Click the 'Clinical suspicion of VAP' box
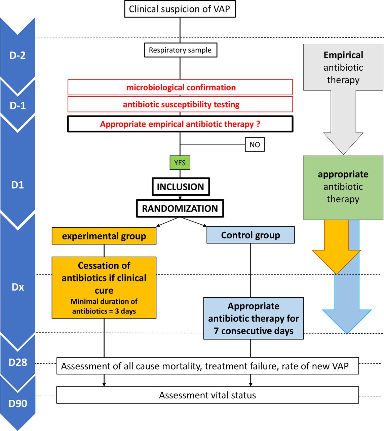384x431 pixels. (180, 9)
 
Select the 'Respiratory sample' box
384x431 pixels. (180, 50)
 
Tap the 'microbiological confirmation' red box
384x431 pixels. (180, 88)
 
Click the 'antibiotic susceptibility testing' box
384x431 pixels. (180, 104)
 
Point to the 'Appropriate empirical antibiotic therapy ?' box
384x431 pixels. (180, 124)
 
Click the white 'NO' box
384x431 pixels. (255, 144)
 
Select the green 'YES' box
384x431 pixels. (180, 163)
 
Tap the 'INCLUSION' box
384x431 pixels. (181, 187)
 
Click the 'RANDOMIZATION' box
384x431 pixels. (180, 208)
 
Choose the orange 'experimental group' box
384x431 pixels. (104, 236)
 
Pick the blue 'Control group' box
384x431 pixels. (251, 235)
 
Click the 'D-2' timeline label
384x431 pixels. (17, 55)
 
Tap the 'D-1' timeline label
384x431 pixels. (17, 105)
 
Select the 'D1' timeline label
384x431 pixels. (17, 185)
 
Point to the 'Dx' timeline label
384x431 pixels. (17, 287)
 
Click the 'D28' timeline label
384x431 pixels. (17, 362)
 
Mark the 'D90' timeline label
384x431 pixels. (17, 403)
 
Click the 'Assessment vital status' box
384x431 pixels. (207, 395)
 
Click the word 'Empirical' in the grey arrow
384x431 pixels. (343, 55)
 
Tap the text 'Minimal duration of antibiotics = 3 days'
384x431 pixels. (104, 306)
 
